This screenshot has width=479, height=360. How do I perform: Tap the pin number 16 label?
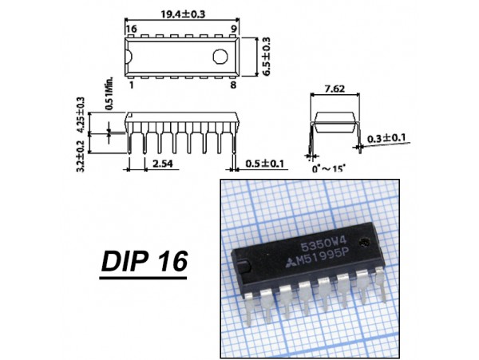(x=132, y=29)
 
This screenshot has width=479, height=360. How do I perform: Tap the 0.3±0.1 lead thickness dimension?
(x=387, y=137)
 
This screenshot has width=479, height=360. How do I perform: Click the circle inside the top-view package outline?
(x=221, y=57)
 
